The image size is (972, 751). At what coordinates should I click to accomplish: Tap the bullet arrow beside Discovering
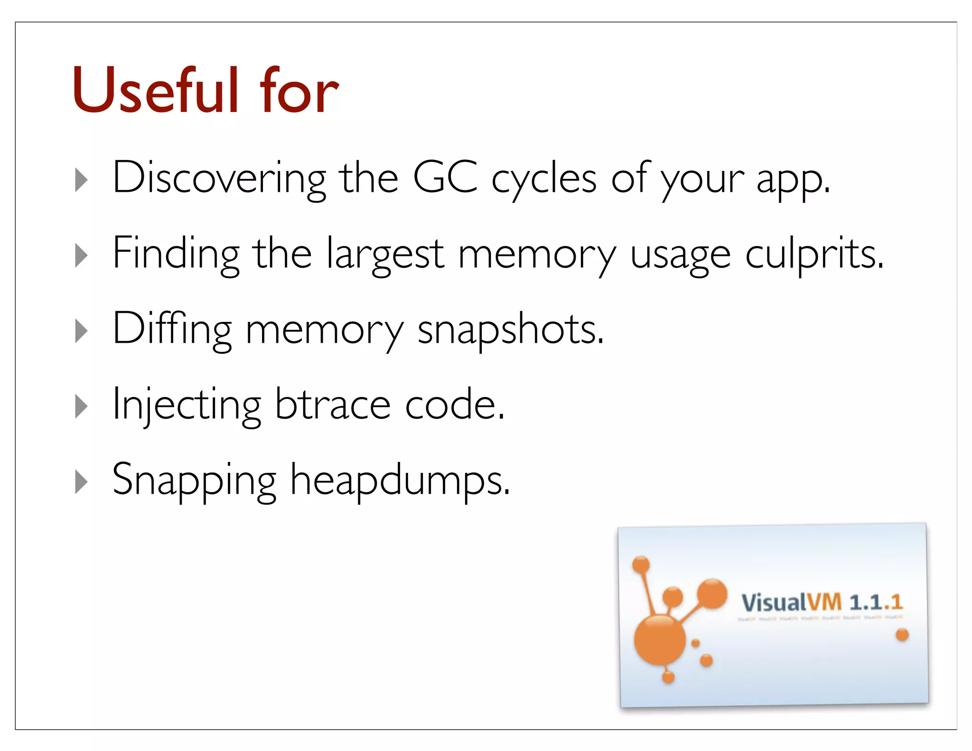pyautogui.click(x=82, y=180)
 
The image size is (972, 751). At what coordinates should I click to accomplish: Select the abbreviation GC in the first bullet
pyautogui.click(x=445, y=178)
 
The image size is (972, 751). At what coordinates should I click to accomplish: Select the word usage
pyautogui.click(x=680, y=256)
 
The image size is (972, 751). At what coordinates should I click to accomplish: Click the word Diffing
pyautogui.click(x=172, y=329)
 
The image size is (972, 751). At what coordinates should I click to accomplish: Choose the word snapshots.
pyautogui.click(x=510, y=330)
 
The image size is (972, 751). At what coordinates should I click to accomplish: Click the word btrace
pyautogui.click(x=332, y=404)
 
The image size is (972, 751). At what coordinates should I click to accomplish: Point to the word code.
pyautogui.click(x=454, y=404)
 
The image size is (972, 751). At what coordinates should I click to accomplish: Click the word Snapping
pyautogui.click(x=194, y=480)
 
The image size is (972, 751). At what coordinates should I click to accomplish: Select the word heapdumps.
pyautogui.click(x=400, y=480)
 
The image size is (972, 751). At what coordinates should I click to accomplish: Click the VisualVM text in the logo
pyautogui.click(x=791, y=603)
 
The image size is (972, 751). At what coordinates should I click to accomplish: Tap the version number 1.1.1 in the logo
pyautogui.click(x=876, y=602)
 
